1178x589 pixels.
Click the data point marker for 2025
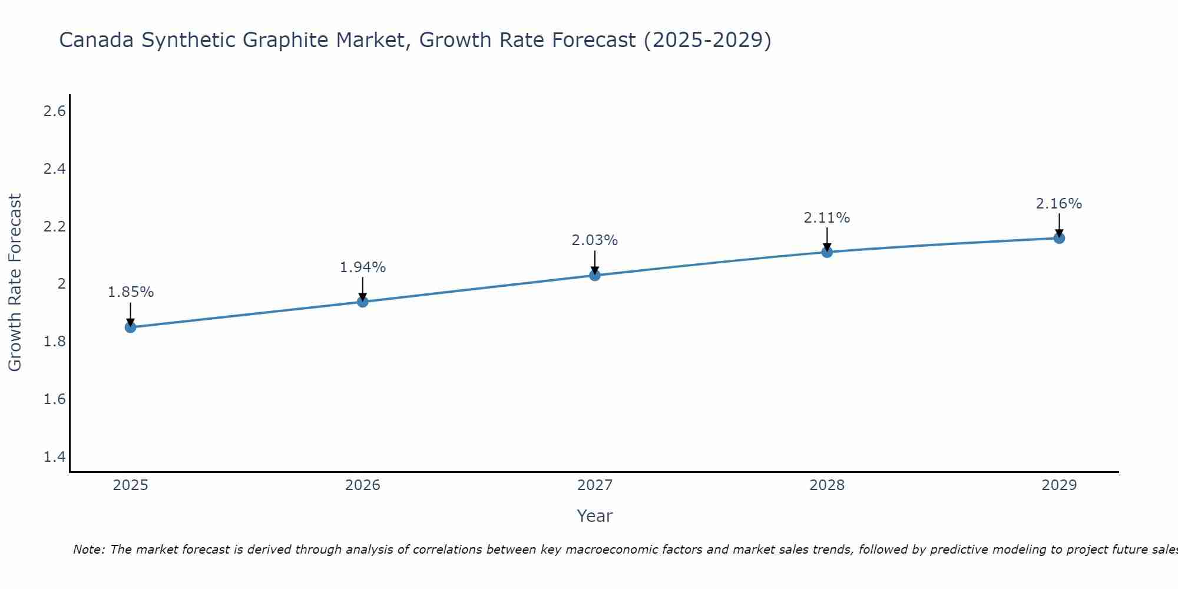pyautogui.click(x=131, y=327)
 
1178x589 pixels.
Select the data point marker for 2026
pyautogui.click(x=363, y=302)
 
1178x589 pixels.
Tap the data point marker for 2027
pyautogui.click(x=595, y=275)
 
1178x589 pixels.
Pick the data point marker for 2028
pyautogui.click(x=827, y=252)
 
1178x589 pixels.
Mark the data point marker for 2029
pyautogui.click(x=1059, y=238)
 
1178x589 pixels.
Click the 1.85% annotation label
pyautogui.click(x=131, y=292)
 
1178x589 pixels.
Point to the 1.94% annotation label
pyautogui.click(x=363, y=267)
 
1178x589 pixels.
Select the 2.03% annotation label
pyautogui.click(x=595, y=240)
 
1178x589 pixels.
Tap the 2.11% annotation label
pyautogui.click(x=827, y=218)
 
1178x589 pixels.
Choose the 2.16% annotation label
pyautogui.click(x=1059, y=204)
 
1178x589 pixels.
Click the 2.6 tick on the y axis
pyautogui.click(x=54, y=111)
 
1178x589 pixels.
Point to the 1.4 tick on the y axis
pyautogui.click(x=54, y=457)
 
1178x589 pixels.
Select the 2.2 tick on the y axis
pyautogui.click(x=54, y=227)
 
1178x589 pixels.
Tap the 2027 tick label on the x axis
pyautogui.click(x=595, y=485)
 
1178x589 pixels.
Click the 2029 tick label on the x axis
pyautogui.click(x=1059, y=485)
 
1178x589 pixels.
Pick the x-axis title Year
pyautogui.click(x=595, y=516)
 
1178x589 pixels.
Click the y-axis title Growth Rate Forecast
pyautogui.click(x=15, y=283)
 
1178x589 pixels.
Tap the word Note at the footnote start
pyautogui.click(x=88, y=550)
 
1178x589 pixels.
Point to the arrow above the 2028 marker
pyautogui.click(x=827, y=239)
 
